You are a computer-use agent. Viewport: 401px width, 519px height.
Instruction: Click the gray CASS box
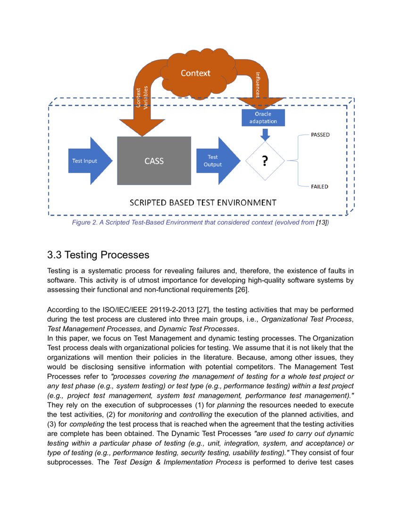(x=154, y=161)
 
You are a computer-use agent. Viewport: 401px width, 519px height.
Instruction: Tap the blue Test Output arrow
(x=215, y=161)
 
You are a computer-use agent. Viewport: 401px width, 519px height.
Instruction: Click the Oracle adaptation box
(x=263, y=117)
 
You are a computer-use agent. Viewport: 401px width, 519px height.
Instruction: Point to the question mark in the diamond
(x=265, y=161)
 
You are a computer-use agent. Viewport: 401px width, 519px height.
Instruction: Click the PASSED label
(x=320, y=135)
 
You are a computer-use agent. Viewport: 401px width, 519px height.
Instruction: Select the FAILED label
(x=319, y=187)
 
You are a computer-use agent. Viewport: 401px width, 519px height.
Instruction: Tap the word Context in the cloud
(x=195, y=73)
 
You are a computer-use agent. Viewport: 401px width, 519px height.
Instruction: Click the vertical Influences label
(x=258, y=84)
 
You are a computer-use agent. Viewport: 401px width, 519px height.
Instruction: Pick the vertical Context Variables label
(x=142, y=98)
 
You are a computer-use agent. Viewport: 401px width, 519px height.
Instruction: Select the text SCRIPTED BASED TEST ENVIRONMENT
(x=203, y=203)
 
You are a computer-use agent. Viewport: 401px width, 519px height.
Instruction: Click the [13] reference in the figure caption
(x=321, y=222)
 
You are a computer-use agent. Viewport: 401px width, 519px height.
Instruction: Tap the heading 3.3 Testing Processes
(x=98, y=255)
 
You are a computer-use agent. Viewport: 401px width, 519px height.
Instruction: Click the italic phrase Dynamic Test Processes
(x=198, y=328)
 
